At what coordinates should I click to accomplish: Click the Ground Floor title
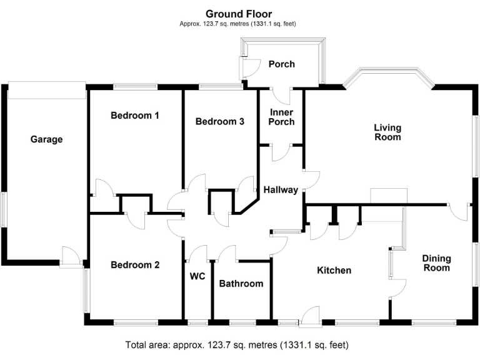239,14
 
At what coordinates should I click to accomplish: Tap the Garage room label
47,139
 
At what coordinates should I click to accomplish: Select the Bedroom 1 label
135,116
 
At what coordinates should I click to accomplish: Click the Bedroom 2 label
135,265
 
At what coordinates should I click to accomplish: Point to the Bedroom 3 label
219,122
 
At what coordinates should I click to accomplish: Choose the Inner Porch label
281,117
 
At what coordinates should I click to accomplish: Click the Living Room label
387,132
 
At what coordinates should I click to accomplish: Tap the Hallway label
281,190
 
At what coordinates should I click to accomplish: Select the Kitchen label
334,271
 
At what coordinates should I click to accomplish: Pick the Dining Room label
436,262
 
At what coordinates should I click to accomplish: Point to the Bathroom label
241,284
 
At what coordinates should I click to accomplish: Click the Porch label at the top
281,64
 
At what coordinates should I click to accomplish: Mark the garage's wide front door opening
47,90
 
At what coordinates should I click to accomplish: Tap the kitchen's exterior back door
309,316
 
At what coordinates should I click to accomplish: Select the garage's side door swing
71,256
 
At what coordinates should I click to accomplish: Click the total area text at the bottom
237,344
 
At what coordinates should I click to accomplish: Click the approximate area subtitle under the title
237,24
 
